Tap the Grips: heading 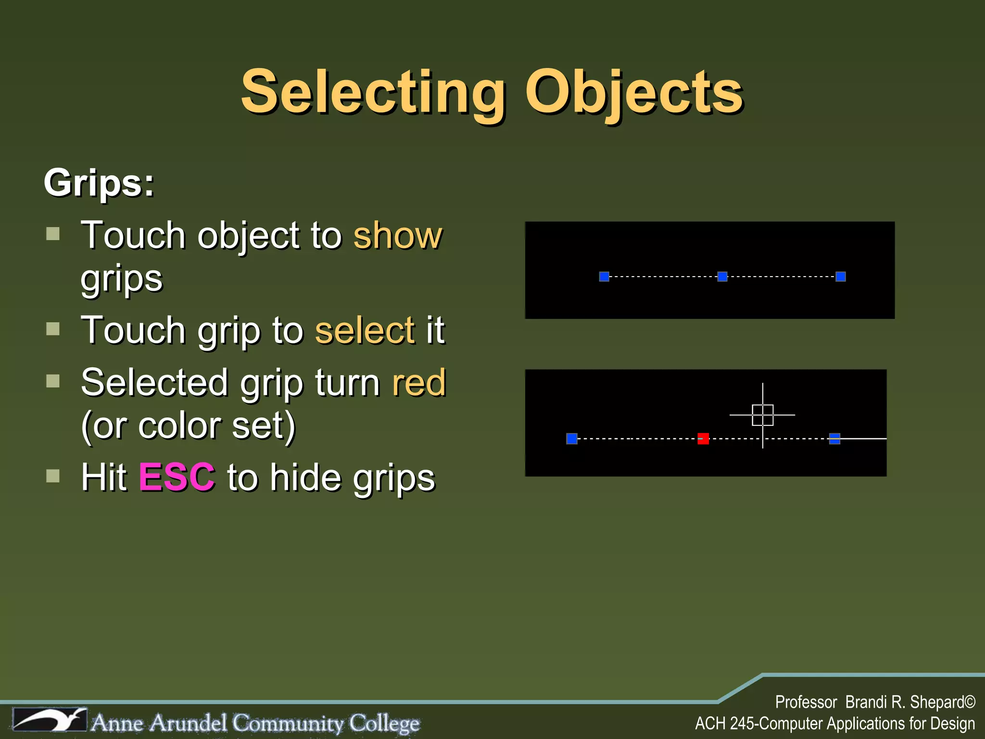(x=99, y=183)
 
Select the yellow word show (x=398, y=236)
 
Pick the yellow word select (x=365, y=331)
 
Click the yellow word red (x=419, y=383)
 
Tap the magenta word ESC (x=177, y=477)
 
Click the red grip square (x=703, y=439)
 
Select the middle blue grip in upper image (x=722, y=277)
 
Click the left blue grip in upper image (x=604, y=277)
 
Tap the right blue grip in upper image (x=841, y=277)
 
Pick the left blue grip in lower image (x=572, y=439)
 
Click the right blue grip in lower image (x=834, y=439)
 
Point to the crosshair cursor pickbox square (x=763, y=415)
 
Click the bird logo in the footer (x=50, y=720)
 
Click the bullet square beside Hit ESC (x=53, y=476)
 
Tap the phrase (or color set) (x=188, y=426)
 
